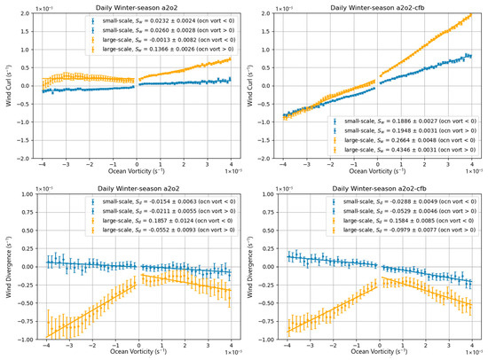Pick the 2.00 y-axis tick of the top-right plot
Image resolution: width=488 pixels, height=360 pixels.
(265, 19)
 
